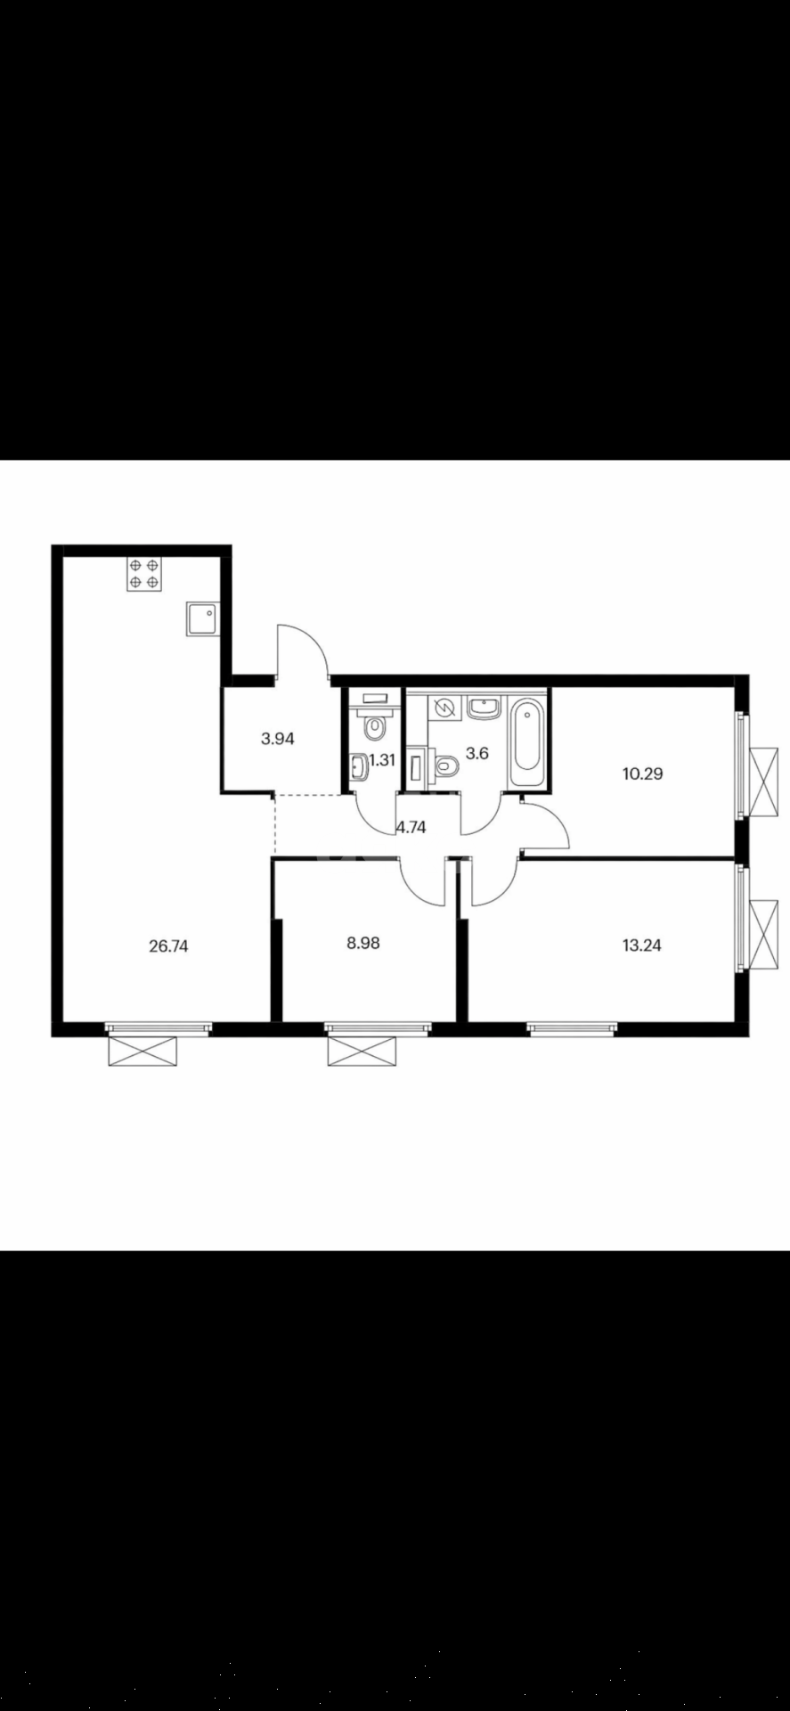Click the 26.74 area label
pyautogui.click(x=168, y=946)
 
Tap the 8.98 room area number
pyautogui.click(x=362, y=942)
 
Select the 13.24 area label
pyautogui.click(x=641, y=946)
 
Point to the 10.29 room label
pyautogui.click(x=642, y=774)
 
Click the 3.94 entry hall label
pyautogui.click(x=277, y=738)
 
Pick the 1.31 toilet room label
pyautogui.click(x=382, y=760)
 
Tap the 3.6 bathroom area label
pyautogui.click(x=477, y=753)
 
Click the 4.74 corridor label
pyautogui.click(x=411, y=827)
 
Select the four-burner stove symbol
pyautogui.click(x=144, y=574)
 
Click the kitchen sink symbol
pyautogui.click(x=202, y=618)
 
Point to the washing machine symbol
pyautogui.click(x=443, y=708)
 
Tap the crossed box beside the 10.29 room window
pyautogui.click(x=764, y=782)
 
